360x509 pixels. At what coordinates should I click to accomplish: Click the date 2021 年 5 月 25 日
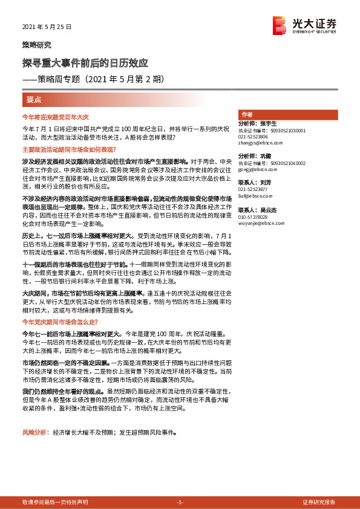pos(47,27)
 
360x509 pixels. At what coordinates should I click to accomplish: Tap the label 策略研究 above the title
pos(37,45)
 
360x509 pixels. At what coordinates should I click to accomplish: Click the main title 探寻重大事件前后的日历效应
pos(85,63)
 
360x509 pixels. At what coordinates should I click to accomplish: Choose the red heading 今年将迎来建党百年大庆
pos(55,116)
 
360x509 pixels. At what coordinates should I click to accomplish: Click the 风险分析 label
pos(34,433)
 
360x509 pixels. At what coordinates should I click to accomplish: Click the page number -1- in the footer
pos(180,502)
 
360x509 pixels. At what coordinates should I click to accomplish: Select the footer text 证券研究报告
pos(319,502)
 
